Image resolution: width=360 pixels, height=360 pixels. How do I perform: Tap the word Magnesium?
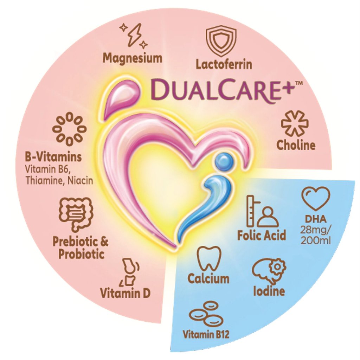pyautogui.click(x=133, y=58)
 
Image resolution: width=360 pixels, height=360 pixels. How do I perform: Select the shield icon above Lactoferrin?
pyautogui.click(x=221, y=41)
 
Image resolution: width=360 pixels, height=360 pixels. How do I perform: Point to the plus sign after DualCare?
pyautogui.click(x=287, y=88)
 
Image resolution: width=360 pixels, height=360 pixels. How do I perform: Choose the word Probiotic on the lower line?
pyautogui.click(x=82, y=254)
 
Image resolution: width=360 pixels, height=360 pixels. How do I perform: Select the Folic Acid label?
pyautogui.click(x=262, y=235)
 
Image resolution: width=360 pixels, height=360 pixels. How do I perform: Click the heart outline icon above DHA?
pyautogui.click(x=316, y=199)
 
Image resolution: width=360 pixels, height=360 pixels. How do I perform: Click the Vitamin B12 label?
pyautogui.click(x=206, y=334)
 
